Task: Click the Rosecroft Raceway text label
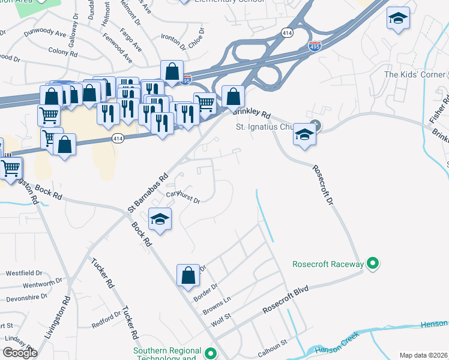(x=328, y=264)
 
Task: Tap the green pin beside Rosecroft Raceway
(x=372, y=263)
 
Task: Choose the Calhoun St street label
(x=274, y=340)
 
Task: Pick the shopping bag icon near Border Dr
(x=188, y=275)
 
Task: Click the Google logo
(x=20, y=353)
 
